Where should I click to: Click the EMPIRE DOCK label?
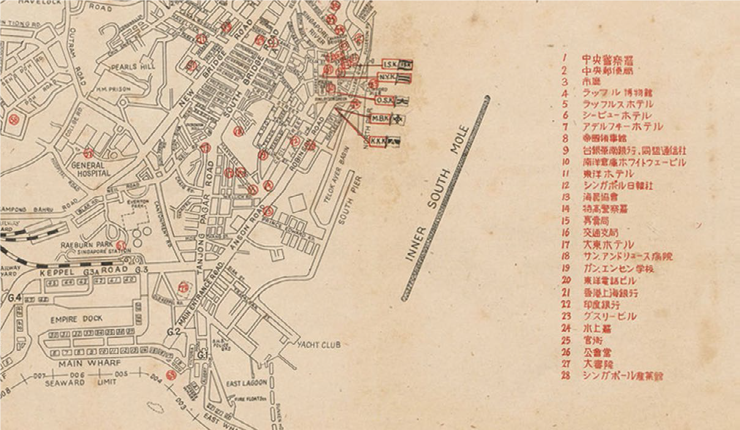(77, 319)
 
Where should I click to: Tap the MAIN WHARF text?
(71, 362)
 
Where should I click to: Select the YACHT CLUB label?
(319, 345)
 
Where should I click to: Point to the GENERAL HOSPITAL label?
(90, 169)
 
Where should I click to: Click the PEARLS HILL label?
(127, 66)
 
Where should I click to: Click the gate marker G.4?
(15, 298)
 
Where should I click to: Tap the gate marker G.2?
(173, 331)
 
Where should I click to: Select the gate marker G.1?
(203, 354)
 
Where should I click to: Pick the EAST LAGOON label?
(246, 383)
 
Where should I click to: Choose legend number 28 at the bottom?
(567, 375)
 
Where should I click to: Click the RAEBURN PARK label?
(84, 244)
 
